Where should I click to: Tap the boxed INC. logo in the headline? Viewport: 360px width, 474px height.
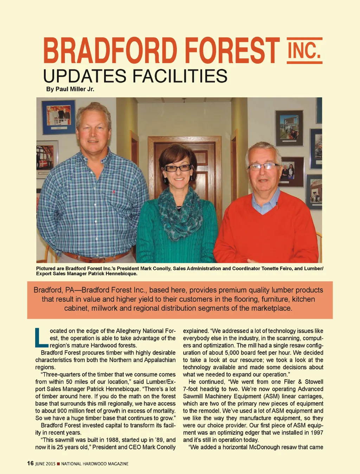coord(304,50)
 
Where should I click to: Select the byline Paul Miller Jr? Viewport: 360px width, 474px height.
coord(70,89)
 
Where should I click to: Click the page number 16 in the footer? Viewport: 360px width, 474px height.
coord(30,463)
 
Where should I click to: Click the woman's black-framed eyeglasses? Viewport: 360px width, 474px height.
coord(178,168)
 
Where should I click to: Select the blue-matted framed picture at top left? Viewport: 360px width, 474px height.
coord(58,117)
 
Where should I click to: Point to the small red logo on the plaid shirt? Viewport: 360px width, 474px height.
coord(114,192)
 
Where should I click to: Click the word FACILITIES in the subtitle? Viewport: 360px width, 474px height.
coord(180,76)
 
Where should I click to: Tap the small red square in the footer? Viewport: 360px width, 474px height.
coord(58,464)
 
